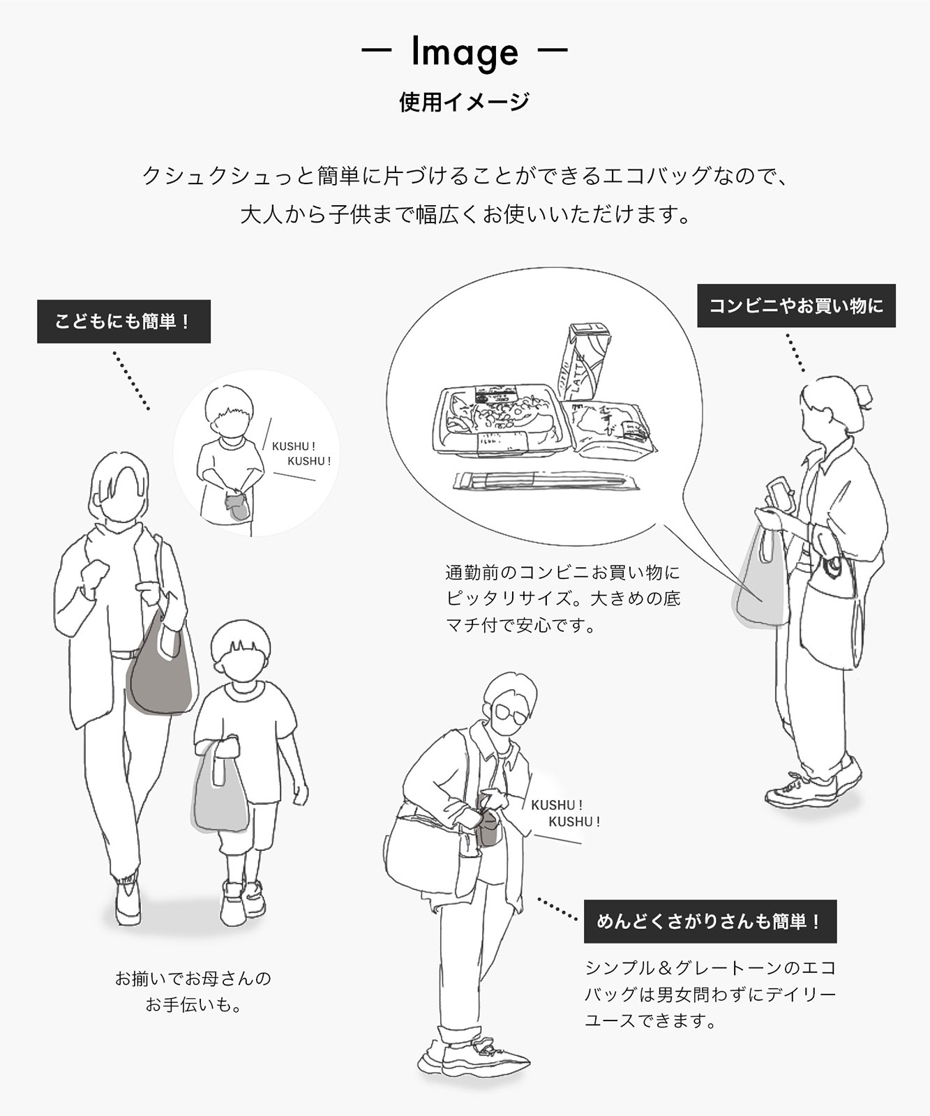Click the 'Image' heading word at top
click(x=465, y=52)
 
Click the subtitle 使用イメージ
click(x=465, y=102)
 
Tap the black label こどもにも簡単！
click(x=123, y=322)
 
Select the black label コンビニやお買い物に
click(x=796, y=306)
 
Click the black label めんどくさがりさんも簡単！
click(x=710, y=921)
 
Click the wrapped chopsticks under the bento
click(x=546, y=481)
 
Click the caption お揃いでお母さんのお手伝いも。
click(x=193, y=991)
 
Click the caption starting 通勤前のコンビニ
click(x=563, y=598)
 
